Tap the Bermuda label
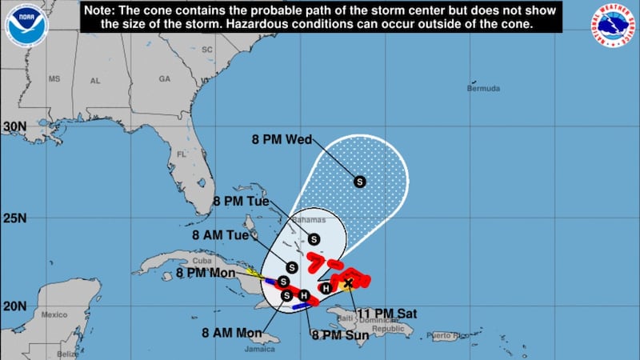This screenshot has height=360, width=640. pyautogui.click(x=482, y=88)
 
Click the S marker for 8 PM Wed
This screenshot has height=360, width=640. pyautogui.click(x=359, y=182)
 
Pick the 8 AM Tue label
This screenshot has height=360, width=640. pyautogui.click(x=219, y=235)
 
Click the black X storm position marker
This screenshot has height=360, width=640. pyautogui.click(x=348, y=282)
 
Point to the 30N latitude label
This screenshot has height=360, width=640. pyautogui.click(x=14, y=126)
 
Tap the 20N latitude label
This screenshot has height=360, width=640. pyautogui.click(x=14, y=306)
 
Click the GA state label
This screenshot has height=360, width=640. pyautogui.click(x=165, y=79)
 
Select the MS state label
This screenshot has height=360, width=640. pyautogui.click(x=54, y=80)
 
